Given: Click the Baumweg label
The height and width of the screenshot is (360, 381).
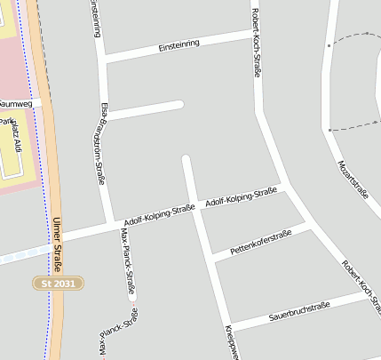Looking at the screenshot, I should click(x=18, y=104).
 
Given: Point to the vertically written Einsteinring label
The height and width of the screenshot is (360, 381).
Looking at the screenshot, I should click(x=96, y=20).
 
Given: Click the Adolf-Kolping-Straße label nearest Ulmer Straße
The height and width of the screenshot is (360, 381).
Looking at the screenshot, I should click(x=159, y=214).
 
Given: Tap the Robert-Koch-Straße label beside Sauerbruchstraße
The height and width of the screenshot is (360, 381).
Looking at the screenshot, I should click(x=361, y=286).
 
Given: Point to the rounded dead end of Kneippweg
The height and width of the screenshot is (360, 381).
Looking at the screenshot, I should click(x=186, y=160).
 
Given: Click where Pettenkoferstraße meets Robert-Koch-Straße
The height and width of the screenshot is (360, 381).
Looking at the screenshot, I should click(x=312, y=228).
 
